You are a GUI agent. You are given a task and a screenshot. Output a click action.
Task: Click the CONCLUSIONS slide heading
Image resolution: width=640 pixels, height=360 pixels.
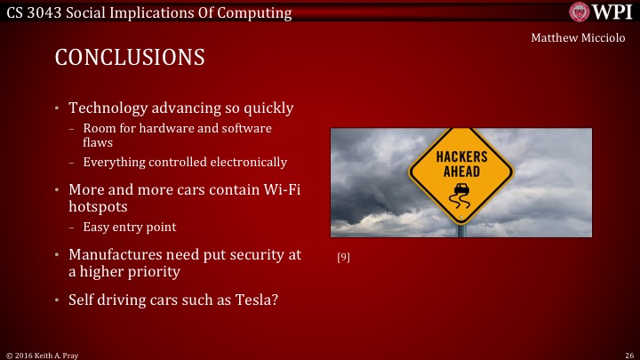[x=130, y=58]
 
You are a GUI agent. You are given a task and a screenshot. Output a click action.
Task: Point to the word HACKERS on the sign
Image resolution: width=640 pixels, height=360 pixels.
[x=461, y=156]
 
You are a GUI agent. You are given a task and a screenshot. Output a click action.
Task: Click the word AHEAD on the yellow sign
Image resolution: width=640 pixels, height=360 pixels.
[x=461, y=170]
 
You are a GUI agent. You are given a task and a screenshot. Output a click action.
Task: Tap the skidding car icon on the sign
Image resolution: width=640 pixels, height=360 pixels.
[x=461, y=192]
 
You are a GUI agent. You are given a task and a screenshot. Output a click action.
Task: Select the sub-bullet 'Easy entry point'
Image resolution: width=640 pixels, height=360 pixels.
[x=130, y=227]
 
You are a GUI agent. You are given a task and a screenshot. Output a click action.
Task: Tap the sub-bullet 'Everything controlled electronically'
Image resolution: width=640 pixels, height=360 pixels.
[x=185, y=162]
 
